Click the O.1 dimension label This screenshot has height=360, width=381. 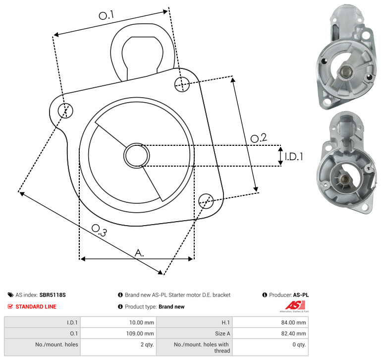[x=106, y=15]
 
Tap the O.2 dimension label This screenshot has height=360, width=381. [x=259, y=138]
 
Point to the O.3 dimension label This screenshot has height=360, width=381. [x=99, y=230]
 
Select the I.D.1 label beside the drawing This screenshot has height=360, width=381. [x=294, y=157]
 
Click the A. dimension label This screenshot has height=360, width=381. [x=139, y=253]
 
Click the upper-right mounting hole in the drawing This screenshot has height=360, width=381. [x=182, y=84]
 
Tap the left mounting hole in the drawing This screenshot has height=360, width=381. [x=65, y=111]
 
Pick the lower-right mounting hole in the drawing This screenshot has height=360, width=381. [x=206, y=201]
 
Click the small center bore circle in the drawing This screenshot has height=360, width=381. [x=137, y=156]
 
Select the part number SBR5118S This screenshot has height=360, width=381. [x=53, y=295]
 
